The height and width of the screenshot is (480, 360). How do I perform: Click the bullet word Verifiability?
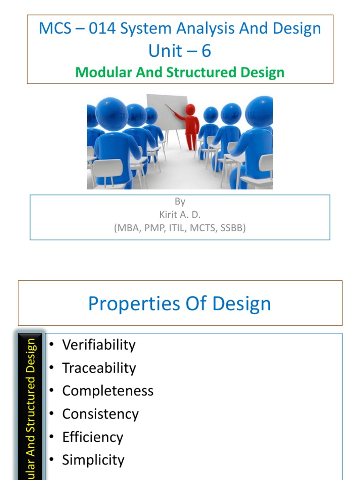tap(98, 345)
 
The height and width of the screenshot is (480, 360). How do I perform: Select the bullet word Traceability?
tap(98, 368)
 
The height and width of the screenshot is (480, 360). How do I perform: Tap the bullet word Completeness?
tap(107, 391)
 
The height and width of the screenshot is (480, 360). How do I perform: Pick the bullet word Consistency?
tap(100, 414)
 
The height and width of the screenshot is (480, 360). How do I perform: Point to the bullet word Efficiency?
tap(92, 437)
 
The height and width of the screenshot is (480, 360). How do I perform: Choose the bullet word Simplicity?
tap(93, 460)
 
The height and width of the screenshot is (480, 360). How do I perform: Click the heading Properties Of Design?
tap(180, 304)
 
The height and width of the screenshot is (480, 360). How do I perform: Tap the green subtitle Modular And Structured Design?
tap(180, 73)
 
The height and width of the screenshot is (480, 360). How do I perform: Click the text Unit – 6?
tap(180, 51)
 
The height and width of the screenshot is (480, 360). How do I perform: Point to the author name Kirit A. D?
tap(180, 216)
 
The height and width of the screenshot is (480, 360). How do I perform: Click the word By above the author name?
tap(180, 202)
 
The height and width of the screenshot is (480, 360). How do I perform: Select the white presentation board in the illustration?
tap(166, 112)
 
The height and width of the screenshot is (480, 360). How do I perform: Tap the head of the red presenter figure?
tap(190, 109)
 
